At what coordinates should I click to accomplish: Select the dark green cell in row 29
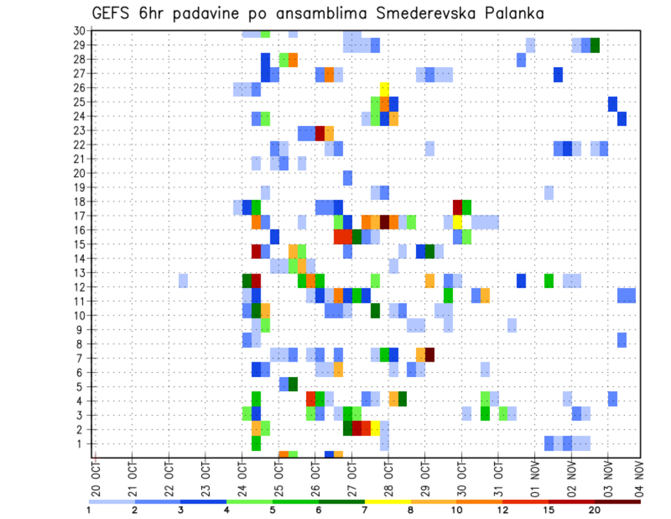click(x=595, y=45)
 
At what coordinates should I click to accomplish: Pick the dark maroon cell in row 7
click(x=430, y=355)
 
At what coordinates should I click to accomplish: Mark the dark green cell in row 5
click(x=293, y=384)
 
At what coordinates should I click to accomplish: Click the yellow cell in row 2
click(x=375, y=427)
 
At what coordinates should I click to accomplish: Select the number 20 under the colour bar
click(x=594, y=511)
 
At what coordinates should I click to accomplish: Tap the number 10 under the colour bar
click(x=456, y=511)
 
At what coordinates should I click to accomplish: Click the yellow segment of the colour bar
click(x=387, y=501)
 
